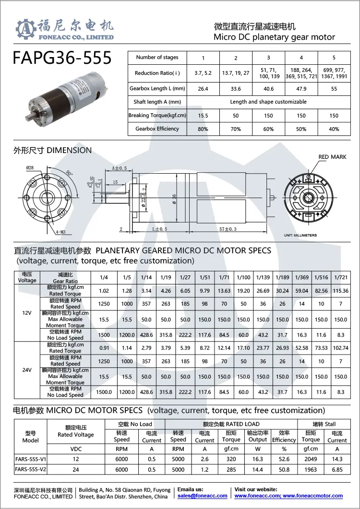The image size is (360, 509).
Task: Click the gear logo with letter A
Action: [26, 30]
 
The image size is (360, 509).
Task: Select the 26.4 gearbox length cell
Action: [203, 89]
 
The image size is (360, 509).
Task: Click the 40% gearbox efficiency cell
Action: [334, 129]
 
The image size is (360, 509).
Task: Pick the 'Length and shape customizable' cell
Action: [268, 102]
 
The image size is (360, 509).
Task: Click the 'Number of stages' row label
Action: [157, 58]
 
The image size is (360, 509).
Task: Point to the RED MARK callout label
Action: [332, 157]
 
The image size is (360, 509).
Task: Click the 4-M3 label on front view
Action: [61, 232]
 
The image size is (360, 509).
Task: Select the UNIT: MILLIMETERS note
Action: [300, 236]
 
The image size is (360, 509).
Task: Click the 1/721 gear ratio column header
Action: [340, 277]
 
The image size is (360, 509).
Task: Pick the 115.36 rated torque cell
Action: [340, 291]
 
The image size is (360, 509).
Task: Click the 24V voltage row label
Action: [27, 370]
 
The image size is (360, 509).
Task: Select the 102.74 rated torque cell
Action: [340, 348]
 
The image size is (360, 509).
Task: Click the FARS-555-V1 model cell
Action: [31, 459]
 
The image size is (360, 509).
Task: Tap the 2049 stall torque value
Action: [311, 459]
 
